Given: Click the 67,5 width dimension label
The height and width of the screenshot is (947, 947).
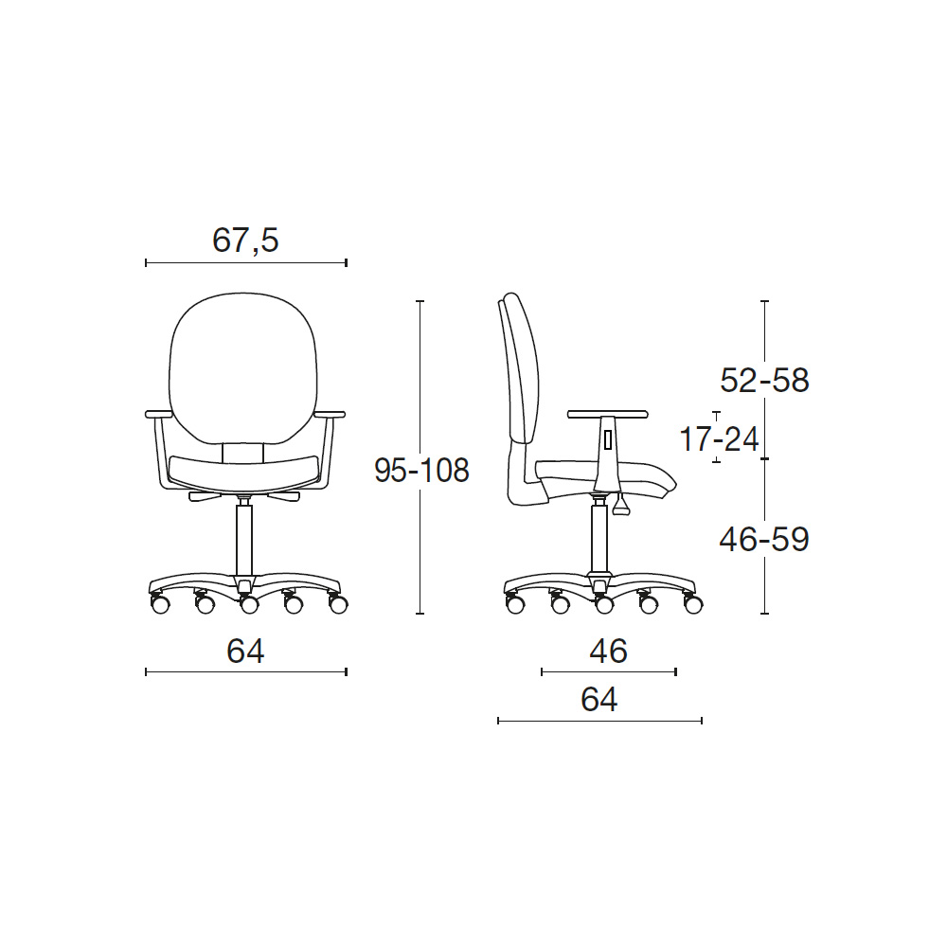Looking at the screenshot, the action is (245, 241).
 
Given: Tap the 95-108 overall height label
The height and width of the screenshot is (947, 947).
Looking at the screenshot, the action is (421, 470).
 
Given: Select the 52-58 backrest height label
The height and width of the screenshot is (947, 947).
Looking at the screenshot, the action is (764, 381).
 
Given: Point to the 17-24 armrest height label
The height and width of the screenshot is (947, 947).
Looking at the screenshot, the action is (719, 438).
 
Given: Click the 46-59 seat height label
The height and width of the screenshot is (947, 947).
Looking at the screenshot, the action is (764, 540).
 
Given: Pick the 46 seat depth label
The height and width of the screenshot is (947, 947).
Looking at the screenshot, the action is (608, 652).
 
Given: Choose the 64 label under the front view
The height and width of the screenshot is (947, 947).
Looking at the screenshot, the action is (245, 652).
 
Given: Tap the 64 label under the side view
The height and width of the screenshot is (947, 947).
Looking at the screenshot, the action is (599, 700).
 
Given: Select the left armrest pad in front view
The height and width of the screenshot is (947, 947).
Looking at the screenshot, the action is (159, 415).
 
